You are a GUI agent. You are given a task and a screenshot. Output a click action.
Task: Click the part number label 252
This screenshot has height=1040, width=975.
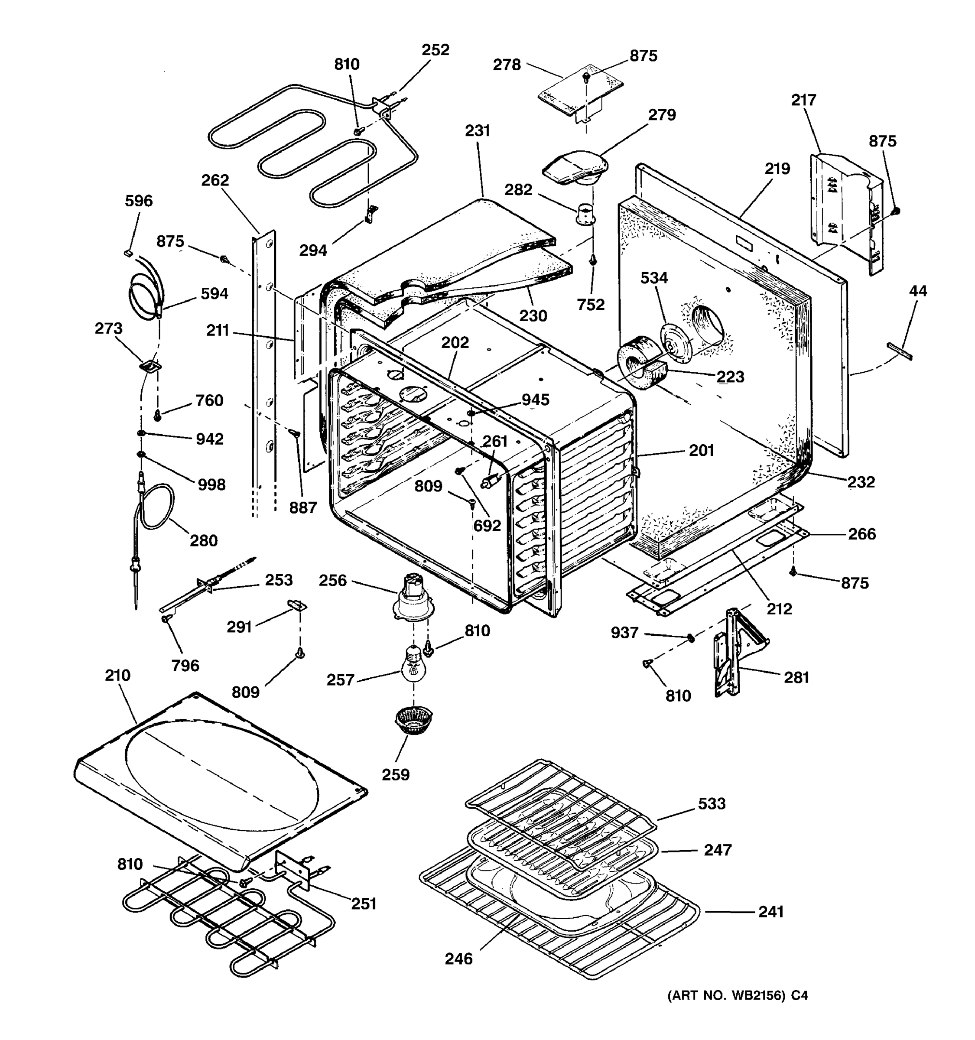tap(435, 50)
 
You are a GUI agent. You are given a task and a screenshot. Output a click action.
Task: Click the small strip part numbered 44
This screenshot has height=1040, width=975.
tap(899, 351)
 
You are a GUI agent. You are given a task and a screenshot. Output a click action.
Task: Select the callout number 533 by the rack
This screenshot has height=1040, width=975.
tap(712, 803)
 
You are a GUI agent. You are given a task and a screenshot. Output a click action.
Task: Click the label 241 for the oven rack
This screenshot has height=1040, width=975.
tap(770, 912)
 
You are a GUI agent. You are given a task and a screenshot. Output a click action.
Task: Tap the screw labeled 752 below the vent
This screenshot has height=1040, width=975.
tap(593, 260)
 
